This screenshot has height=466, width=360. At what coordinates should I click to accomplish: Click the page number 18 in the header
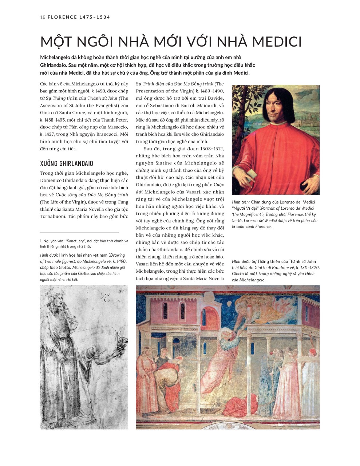pyautogui.click(x=43, y=17)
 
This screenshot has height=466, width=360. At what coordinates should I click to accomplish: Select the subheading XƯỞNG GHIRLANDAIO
pyautogui.click(x=67, y=163)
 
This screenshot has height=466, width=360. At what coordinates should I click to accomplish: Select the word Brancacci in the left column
pyautogui.click(x=105, y=134)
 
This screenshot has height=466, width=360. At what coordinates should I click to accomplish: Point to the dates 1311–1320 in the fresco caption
pyautogui.click(x=308, y=268)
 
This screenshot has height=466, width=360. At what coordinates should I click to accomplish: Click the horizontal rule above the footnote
pyautogui.click(x=79, y=232)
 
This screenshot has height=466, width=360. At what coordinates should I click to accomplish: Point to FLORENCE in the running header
pyautogui.click(x=62, y=17)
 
